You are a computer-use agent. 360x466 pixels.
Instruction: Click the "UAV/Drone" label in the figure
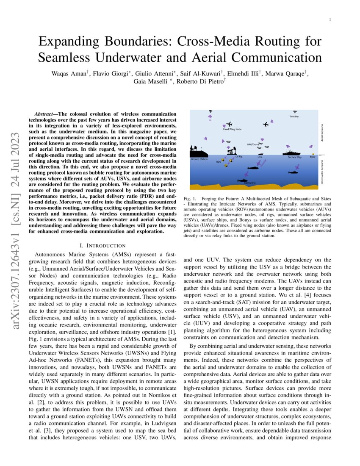tap(253, 144)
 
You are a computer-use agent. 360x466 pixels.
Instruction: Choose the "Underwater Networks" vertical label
tap(323, 172)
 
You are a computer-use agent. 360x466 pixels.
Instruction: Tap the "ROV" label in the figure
tap(219, 162)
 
